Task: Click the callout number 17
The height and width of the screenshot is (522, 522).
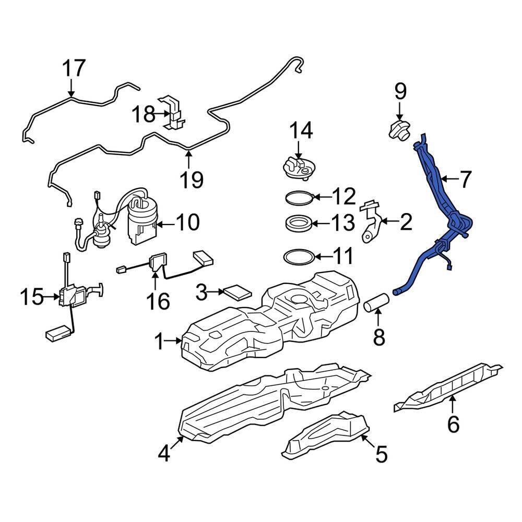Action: click(74, 68)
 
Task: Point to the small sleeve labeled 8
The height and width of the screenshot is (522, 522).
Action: click(376, 302)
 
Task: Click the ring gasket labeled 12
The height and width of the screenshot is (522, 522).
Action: click(300, 197)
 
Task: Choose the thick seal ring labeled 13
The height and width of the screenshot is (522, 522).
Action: click(300, 222)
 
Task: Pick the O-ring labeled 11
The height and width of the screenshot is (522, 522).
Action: click(299, 257)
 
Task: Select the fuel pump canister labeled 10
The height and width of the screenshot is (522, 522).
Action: click(142, 220)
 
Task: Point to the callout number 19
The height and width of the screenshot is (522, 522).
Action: click(192, 179)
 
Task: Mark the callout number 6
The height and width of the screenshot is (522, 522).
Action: click(454, 424)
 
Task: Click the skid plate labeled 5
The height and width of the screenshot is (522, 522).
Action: click(325, 436)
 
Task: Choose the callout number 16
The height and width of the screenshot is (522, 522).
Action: click(158, 301)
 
